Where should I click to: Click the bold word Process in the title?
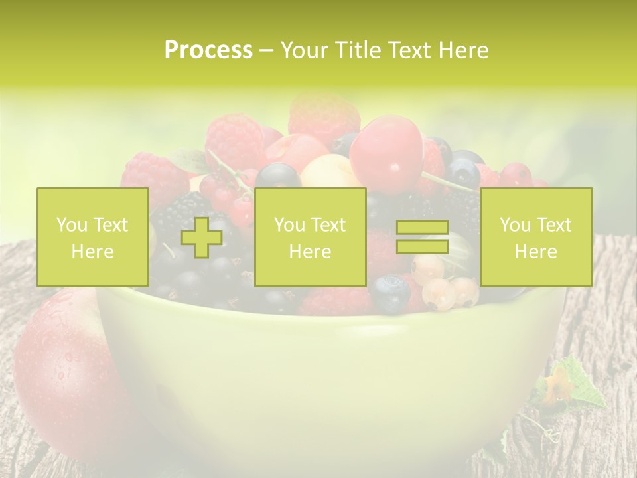208,50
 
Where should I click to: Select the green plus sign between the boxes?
202,238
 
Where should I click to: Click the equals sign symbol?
422,238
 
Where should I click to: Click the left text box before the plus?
93,238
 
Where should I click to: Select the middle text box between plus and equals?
310,238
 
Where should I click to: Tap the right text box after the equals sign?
535,238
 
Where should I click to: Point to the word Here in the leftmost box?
93,252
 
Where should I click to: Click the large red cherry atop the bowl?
386,153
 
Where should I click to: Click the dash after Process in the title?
266,50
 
